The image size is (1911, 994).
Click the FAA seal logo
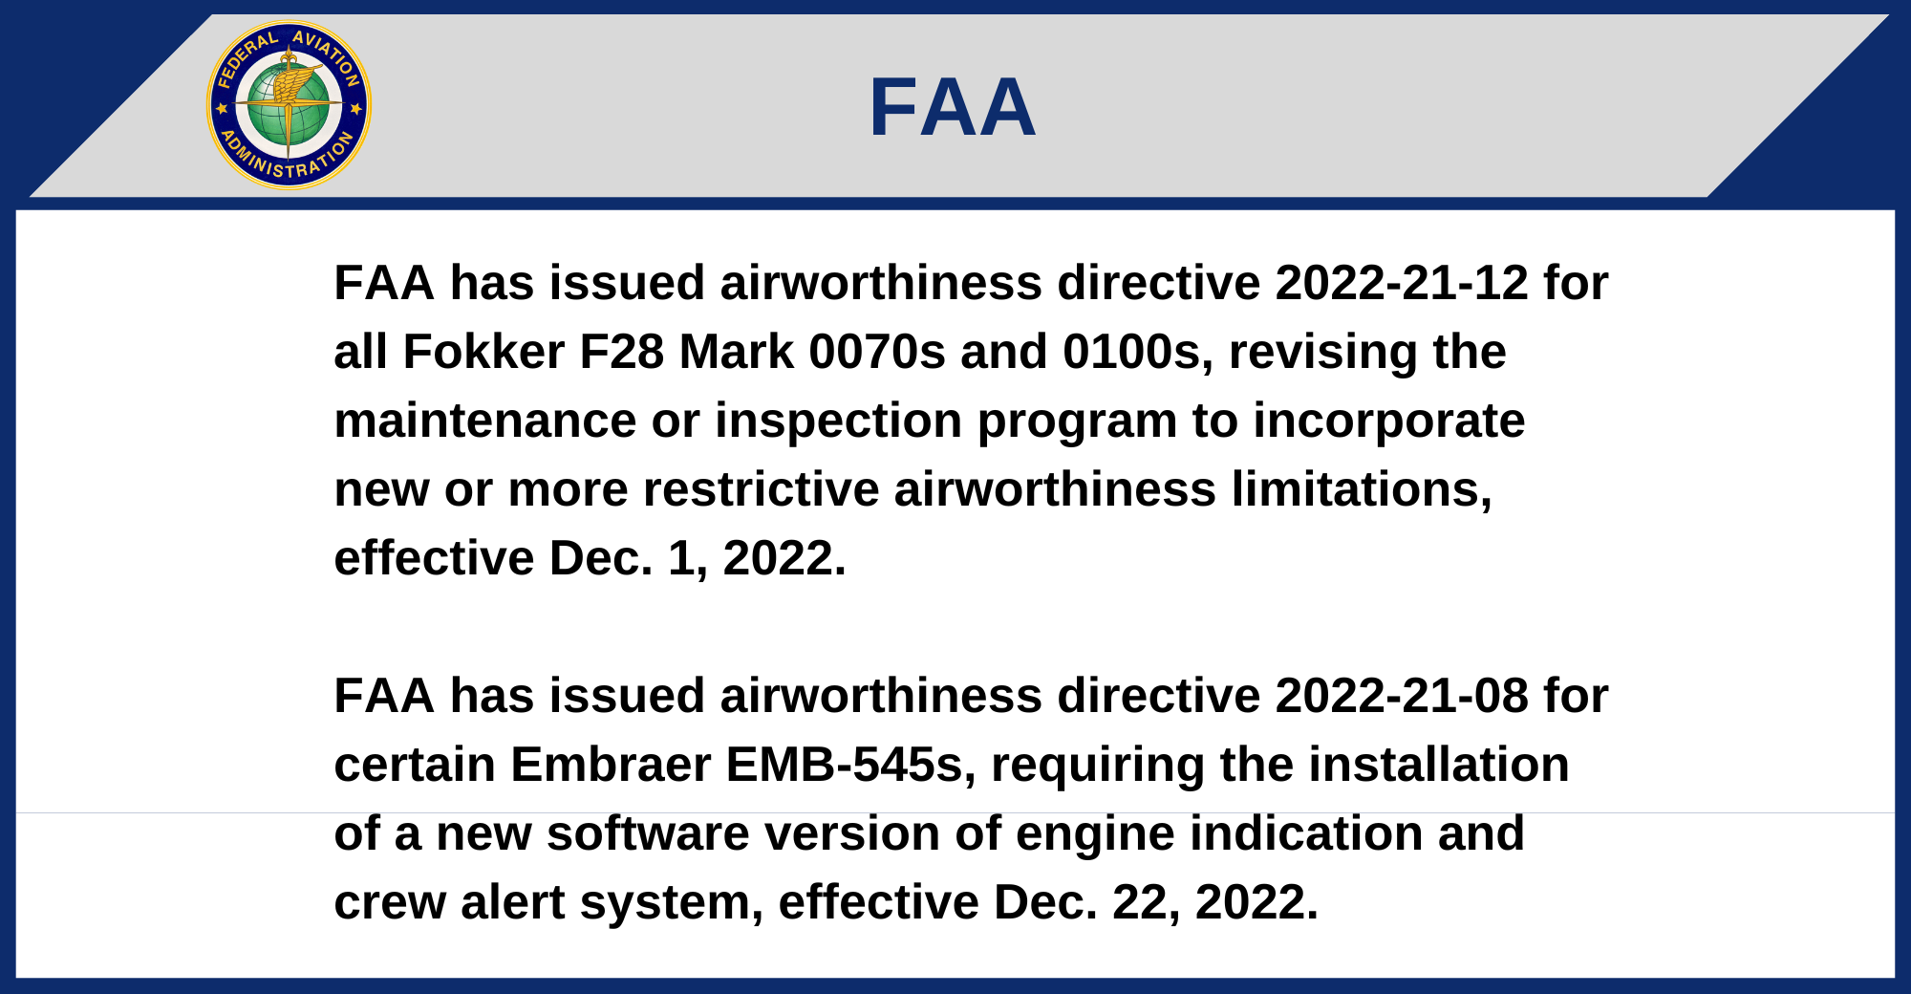(289, 105)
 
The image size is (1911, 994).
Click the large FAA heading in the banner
(953, 108)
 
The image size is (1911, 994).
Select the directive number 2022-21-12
(1402, 283)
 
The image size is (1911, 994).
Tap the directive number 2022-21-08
(1402, 696)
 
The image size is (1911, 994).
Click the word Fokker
(483, 352)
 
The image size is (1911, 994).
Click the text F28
(622, 352)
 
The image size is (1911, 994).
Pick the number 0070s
(877, 352)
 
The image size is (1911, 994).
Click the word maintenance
(485, 421)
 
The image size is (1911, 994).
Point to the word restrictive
(761, 489)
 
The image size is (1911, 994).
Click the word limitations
(1362, 489)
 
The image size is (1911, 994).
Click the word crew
(390, 904)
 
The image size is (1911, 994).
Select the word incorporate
(1389, 422)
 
